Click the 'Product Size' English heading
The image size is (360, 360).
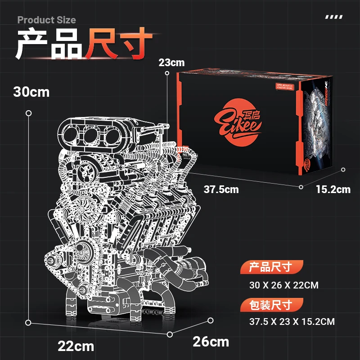[x=47, y=20]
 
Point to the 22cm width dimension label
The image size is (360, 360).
[x=76, y=346]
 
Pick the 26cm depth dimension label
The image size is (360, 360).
[x=211, y=342]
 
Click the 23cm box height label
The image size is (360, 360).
[x=171, y=63]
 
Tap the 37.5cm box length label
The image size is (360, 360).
[x=221, y=189]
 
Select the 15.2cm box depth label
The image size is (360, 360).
[x=333, y=189]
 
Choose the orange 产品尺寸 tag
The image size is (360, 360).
[x=271, y=267]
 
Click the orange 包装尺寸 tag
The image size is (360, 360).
[x=271, y=305]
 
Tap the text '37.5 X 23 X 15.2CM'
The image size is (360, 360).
[x=292, y=322]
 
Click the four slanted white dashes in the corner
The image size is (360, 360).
[x=333, y=18]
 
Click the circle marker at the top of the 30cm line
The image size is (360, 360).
[x=29, y=113]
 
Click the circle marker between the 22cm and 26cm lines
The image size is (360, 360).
[x=170, y=334]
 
